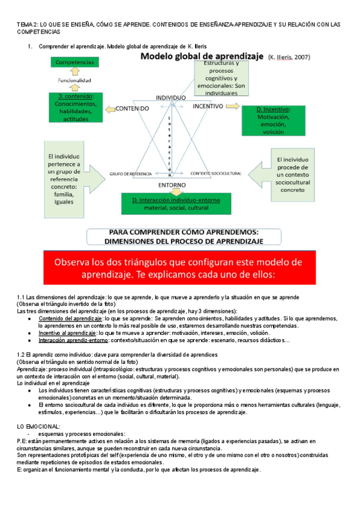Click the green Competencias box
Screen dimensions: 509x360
74,62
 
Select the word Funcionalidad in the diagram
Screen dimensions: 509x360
74,80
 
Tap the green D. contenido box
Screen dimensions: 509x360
75,107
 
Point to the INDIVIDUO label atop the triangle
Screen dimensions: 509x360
170,97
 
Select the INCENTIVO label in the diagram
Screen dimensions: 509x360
208,106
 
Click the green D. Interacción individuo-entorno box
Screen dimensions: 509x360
170,203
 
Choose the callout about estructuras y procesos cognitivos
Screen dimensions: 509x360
220,77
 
